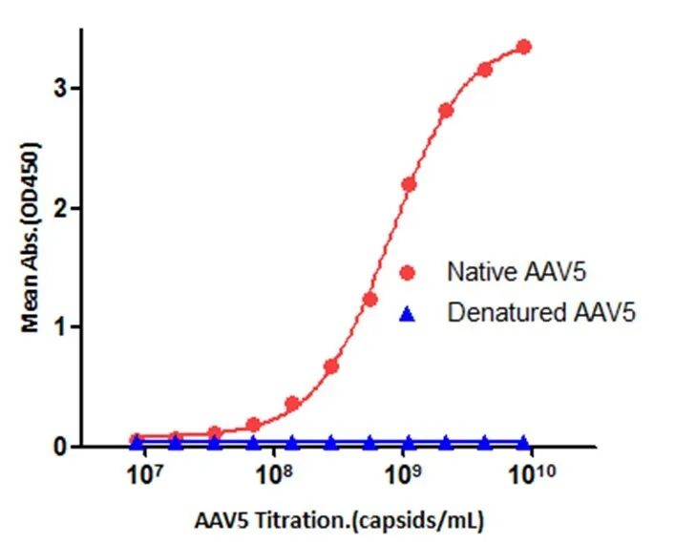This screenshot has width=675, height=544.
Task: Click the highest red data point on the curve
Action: [523, 47]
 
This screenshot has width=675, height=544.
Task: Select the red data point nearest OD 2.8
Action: [446, 111]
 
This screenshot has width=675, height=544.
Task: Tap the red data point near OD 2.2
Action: [409, 184]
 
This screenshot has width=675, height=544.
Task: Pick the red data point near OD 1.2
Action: [370, 300]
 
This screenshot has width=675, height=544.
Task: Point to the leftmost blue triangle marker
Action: [137, 442]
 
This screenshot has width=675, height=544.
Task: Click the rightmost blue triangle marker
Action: [523, 442]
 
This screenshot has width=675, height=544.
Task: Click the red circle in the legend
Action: [408, 273]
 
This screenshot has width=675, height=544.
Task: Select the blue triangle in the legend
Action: [408, 311]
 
